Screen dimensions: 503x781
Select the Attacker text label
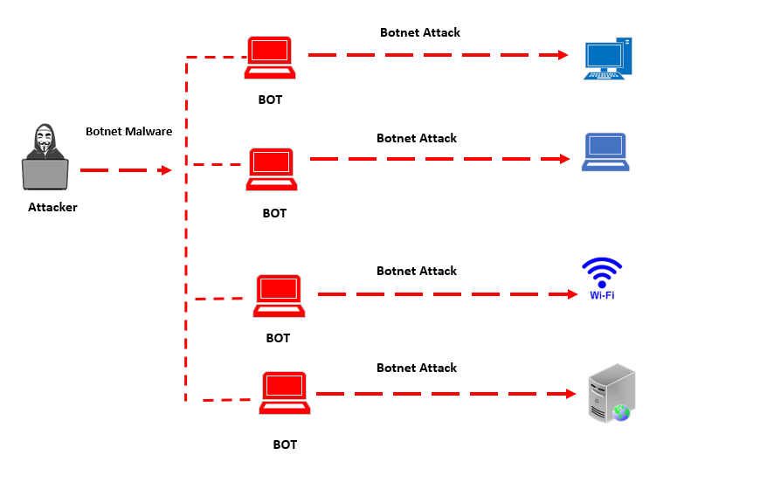point(52,207)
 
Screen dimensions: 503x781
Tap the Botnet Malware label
point(128,132)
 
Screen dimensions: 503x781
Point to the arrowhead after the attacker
point(165,170)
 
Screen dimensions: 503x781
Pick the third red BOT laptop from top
point(279,296)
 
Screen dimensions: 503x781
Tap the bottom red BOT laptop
point(285,394)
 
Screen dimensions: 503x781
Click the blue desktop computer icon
point(608,59)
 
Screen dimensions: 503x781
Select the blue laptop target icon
point(605,152)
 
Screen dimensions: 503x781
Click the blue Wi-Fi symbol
point(602,278)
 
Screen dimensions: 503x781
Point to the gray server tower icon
point(612,393)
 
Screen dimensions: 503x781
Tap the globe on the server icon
point(621,411)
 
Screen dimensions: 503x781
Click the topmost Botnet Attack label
point(419,32)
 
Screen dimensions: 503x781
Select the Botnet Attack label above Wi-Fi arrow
point(417,271)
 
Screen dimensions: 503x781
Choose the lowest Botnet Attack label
point(417,368)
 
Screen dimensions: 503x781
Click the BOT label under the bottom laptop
point(285,444)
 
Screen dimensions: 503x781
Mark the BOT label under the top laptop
point(270,100)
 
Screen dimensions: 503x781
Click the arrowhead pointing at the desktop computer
point(564,55)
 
